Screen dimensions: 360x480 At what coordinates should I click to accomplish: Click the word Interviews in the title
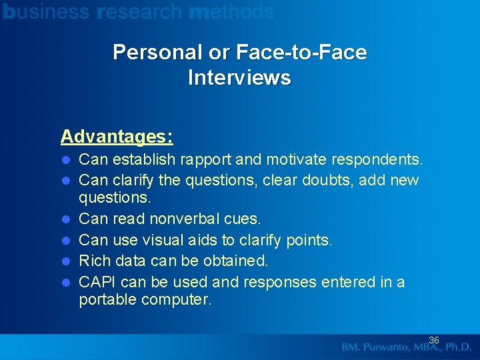(239, 78)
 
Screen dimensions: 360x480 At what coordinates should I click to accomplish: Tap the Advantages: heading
(117, 137)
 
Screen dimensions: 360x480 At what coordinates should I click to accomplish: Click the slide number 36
(433, 340)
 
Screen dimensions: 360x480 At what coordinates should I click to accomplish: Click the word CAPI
(98, 282)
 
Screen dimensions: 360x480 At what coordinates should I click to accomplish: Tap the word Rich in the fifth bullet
(94, 261)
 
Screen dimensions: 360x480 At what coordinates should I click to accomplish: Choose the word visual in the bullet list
(161, 240)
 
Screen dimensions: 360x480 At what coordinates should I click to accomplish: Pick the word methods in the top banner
(231, 11)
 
